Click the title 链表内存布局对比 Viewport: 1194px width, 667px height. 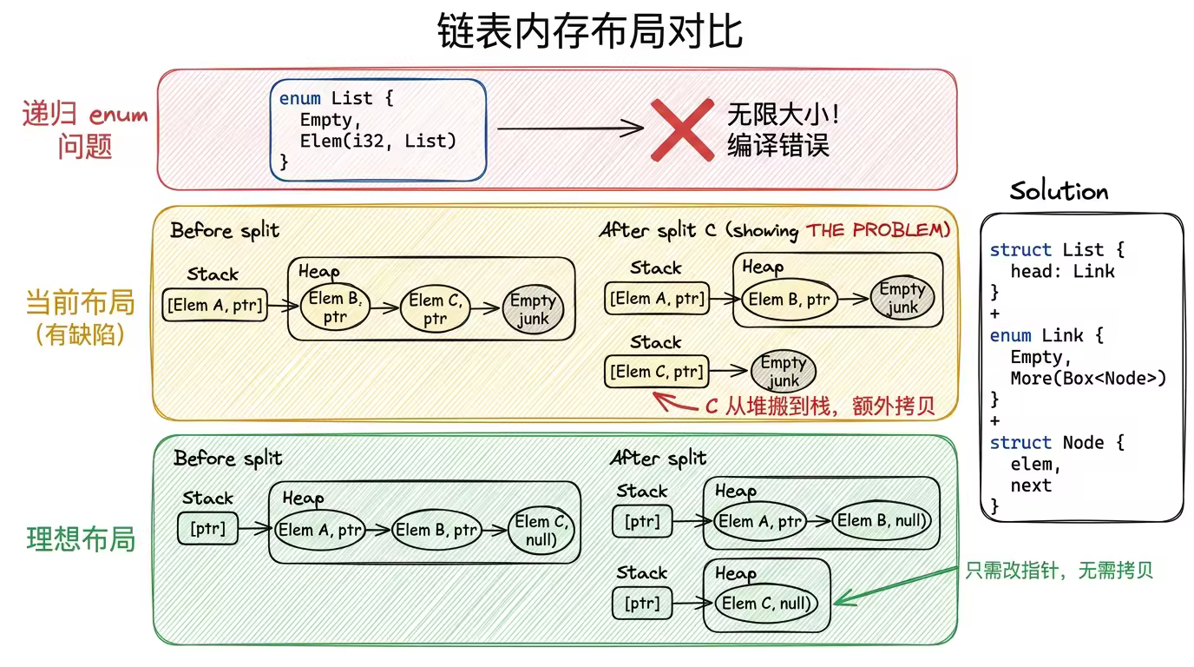coord(590,32)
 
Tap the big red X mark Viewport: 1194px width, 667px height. coord(682,129)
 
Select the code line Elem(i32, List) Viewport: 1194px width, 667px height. coord(378,141)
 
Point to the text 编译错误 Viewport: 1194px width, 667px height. coord(778,145)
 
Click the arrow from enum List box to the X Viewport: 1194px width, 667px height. coord(568,129)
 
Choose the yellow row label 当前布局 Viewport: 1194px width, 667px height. coord(81,303)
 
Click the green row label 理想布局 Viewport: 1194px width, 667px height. coord(81,538)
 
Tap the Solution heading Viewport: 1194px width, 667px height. coord(1059,192)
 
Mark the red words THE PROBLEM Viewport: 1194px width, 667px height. coord(878,230)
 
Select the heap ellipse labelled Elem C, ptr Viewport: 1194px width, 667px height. coord(435,309)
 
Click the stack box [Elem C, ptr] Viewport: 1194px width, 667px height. coord(656,372)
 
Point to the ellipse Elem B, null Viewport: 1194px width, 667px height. coord(882,521)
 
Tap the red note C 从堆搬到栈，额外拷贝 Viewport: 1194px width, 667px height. coord(819,406)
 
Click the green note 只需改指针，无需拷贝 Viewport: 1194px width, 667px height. coord(1060,571)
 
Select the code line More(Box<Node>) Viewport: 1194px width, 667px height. coord(1088,379)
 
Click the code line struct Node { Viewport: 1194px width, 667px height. coord(1057,443)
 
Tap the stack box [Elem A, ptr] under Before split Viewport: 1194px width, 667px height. coord(214,304)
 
